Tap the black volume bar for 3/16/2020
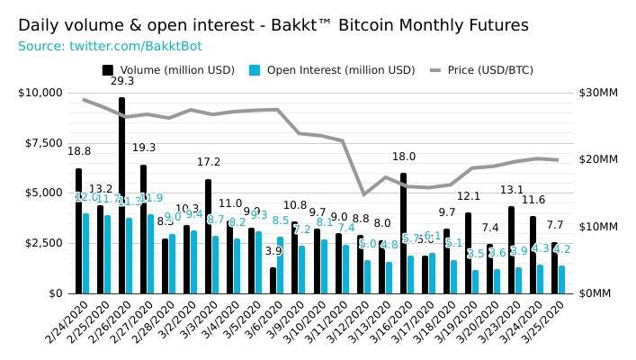pos(403,233)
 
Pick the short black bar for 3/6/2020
pos(273,280)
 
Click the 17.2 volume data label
pos(208,163)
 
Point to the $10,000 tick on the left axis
pos(40,93)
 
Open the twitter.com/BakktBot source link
pos(121,45)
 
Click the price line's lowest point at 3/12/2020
pos(363,194)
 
